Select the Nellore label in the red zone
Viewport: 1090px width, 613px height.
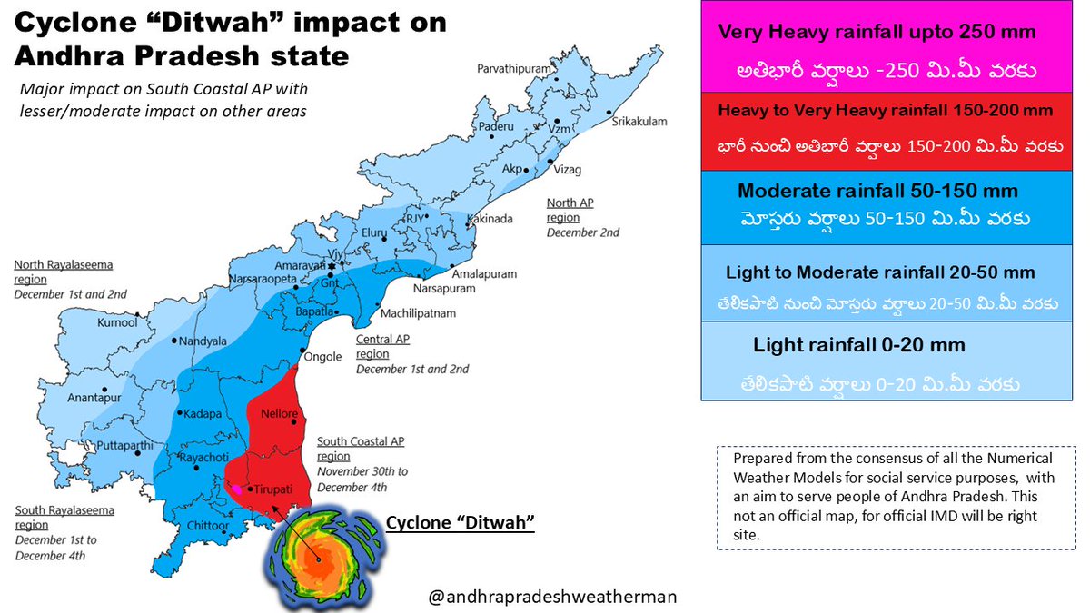(x=279, y=414)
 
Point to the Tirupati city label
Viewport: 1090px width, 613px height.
(x=273, y=489)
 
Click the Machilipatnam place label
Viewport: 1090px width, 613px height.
(x=418, y=313)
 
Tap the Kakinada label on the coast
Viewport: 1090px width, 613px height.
(x=490, y=219)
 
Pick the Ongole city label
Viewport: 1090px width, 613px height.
(x=323, y=357)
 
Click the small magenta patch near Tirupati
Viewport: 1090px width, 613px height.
(x=236, y=489)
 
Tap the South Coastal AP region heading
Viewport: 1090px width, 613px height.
(x=360, y=449)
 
